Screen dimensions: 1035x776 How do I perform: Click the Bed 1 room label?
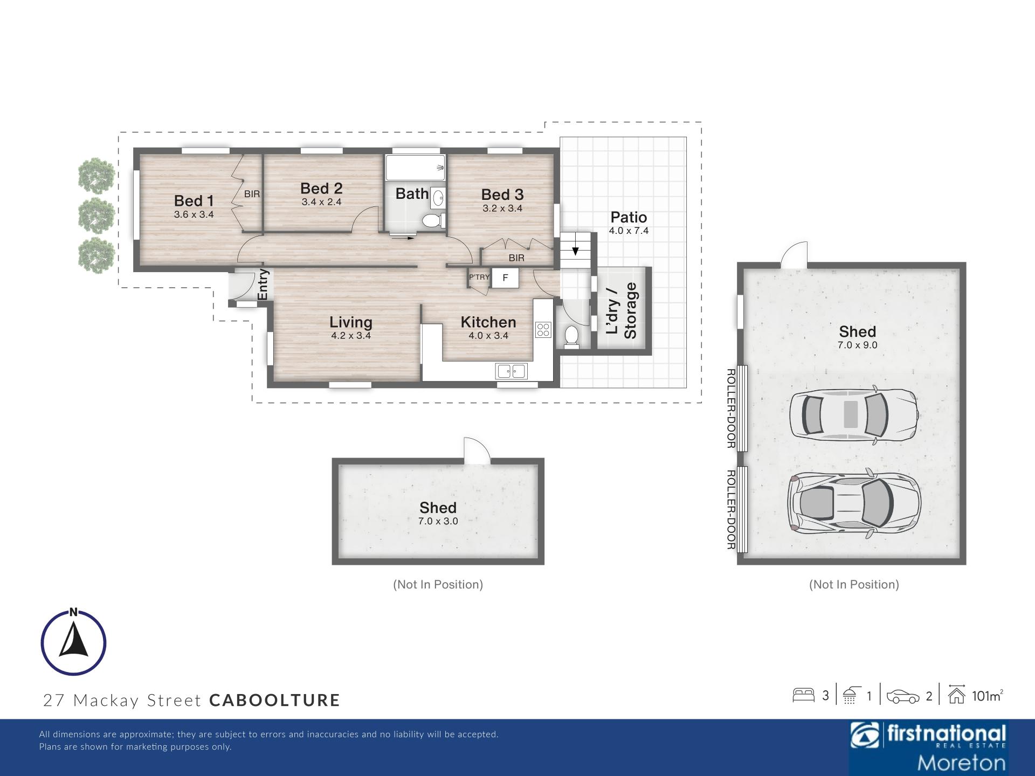coord(194,200)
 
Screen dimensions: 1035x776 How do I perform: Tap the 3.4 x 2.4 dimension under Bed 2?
coord(321,202)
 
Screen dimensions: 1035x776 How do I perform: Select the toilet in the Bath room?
coord(433,220)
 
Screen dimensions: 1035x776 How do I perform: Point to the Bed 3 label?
coord(502,195)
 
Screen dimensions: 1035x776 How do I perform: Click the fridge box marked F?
coord(505,278)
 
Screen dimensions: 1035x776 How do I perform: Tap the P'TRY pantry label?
coord(479,278)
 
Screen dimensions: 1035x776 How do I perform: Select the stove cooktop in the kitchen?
coord(543,330)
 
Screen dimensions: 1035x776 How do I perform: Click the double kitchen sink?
coord(512,371)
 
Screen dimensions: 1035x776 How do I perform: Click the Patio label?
coord(629,217)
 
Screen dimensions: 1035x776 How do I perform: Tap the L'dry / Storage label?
coord(622,310)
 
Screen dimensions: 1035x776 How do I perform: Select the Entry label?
coord(263,284)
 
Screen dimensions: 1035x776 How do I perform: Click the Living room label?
coord(351,322)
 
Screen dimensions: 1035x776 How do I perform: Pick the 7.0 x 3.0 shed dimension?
coord(438,521)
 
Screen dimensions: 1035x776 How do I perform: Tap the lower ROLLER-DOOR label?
coord(731,510)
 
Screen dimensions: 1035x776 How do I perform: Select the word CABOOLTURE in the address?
coord(275,700)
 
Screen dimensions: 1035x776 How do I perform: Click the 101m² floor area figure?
coord(987,696)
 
